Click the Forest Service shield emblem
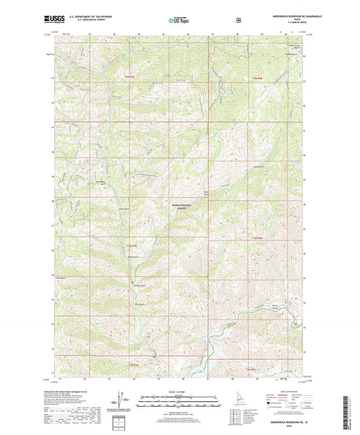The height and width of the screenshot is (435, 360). click(238, 20)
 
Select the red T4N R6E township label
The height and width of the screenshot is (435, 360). click(257, 240)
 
